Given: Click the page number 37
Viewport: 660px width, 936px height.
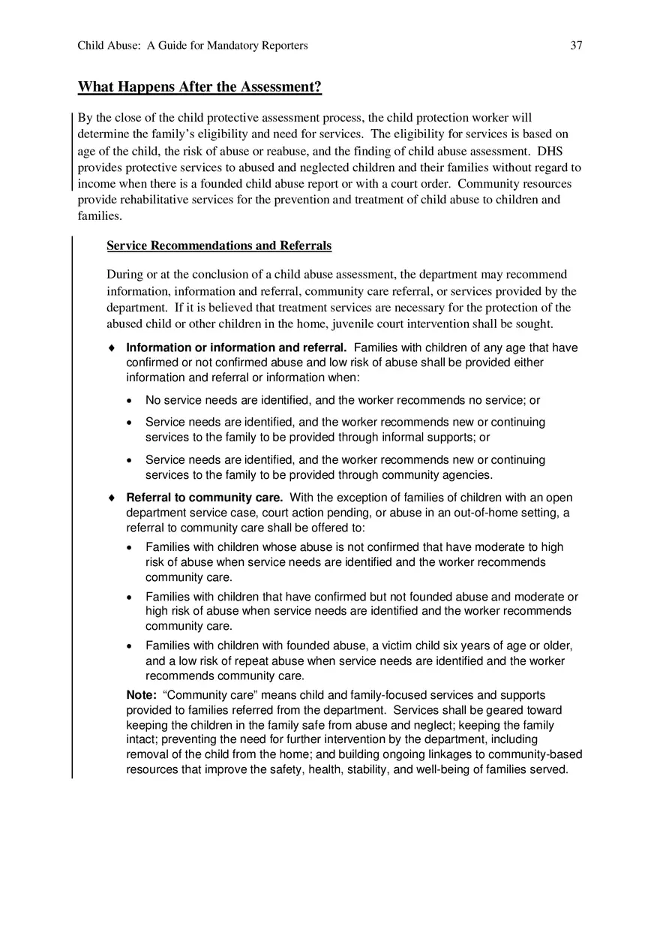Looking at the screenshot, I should coord(576,46).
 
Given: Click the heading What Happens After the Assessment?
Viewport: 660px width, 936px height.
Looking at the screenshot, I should coord(199,87).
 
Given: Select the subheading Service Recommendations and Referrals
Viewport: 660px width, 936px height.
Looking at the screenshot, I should coord(219,245).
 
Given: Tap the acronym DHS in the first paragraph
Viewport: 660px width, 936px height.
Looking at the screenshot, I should coord(550,151).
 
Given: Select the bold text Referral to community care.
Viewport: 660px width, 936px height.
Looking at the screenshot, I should coord(204,498).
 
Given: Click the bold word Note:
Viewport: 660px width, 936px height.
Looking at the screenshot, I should coord(141,695).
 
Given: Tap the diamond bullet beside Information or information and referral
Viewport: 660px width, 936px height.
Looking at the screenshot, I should coord(112,348).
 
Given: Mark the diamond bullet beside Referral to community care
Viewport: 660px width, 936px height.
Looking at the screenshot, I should coord(112,498).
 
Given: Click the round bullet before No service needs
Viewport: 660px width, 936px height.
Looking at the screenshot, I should coord(131,401).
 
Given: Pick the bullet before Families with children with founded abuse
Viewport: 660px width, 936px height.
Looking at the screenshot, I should coord(131,646).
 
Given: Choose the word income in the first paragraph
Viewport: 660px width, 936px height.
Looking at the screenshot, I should coord(96,184).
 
